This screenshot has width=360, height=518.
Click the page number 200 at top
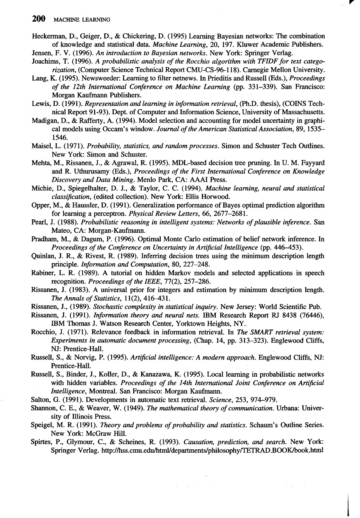39,19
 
